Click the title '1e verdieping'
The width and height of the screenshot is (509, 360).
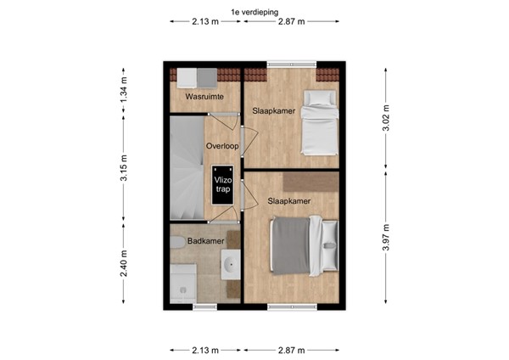pos(254,11)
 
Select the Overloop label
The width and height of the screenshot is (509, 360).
pos(221,146)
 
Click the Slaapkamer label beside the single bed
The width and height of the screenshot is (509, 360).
pos(273,110)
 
